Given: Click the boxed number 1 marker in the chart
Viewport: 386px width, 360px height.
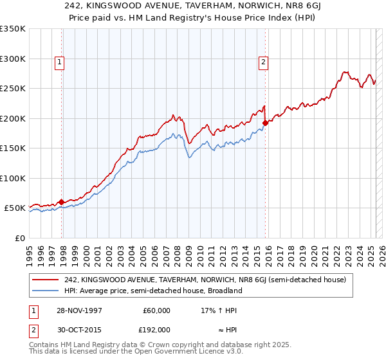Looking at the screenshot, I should point(59,62).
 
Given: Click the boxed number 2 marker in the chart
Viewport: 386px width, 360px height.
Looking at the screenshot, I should point(264,62).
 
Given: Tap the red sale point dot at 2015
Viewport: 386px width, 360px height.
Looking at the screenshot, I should point(265,122).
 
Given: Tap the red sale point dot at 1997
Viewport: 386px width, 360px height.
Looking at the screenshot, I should point(62,203).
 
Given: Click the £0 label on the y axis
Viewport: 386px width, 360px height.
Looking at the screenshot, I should point(19,238).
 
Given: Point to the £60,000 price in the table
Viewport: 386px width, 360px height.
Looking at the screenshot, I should point(155,310).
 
